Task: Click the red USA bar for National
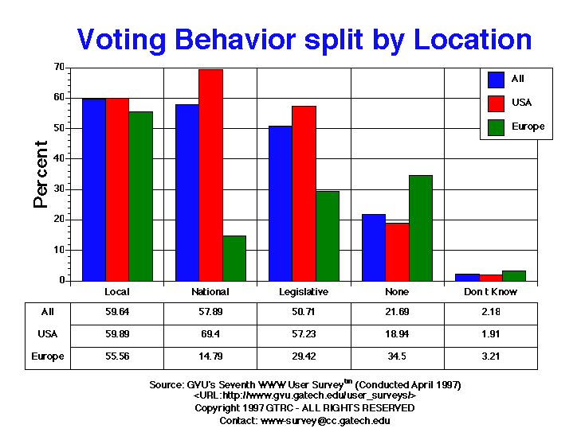[210, 175]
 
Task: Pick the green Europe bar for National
[234, 258]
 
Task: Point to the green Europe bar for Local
[140, 196]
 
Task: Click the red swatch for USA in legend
[496, 103]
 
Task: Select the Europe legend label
[528, 127]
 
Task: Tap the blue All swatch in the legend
[496, 80]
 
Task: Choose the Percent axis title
[41, 174]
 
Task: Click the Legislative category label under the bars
[304, 292]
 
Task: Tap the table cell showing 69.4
[210, 335]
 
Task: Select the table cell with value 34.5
[397, 357]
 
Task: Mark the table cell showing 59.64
[117, 313]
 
